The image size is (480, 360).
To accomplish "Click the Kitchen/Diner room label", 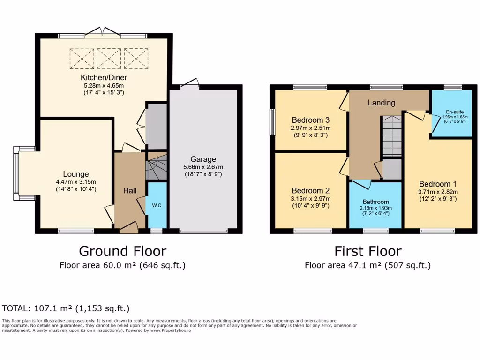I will [x=104, y=77].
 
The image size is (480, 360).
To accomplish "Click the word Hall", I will [x=130, y=190].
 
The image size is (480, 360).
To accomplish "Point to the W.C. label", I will [x=157, y=205].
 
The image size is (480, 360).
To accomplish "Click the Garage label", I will [x=203, y=159].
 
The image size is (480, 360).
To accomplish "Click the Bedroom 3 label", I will [x=310, y=119].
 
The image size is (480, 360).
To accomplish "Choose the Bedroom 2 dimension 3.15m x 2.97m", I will [x=310, y=199].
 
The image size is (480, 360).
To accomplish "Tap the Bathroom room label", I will [x=375, y=202].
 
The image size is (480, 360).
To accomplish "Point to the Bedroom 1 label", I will [x=437, y=184].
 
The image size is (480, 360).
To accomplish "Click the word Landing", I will [x=381, y=103].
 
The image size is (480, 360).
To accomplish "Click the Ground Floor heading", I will [x=122, y=251].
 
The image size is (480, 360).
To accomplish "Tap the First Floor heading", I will [x=367, y=251].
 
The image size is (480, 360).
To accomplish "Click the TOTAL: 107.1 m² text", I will [x=66, y=308].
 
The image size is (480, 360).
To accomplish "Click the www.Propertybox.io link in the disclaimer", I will [x=171, y=330].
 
